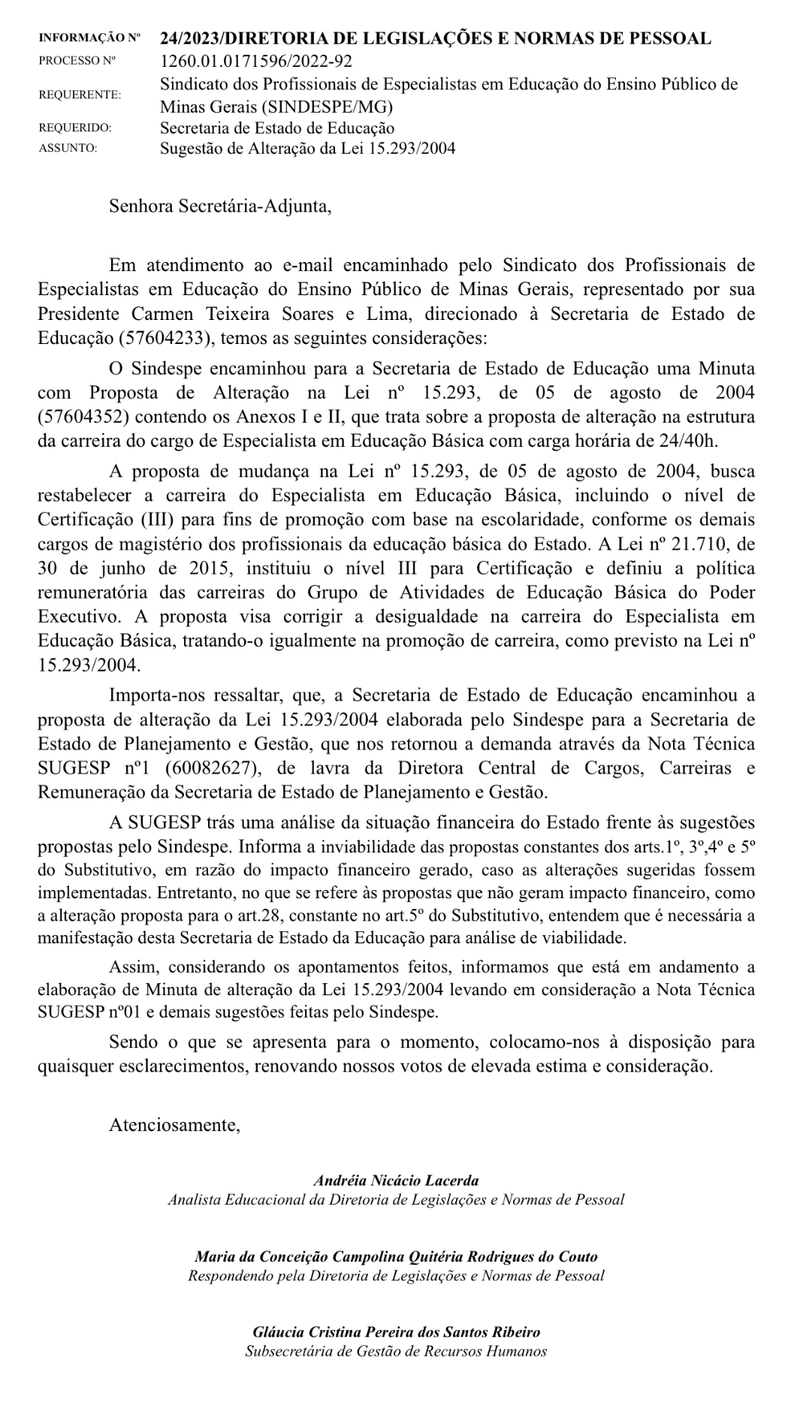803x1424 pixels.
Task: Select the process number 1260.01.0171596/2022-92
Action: [x=256, y=62]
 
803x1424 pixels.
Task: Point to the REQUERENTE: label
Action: [x=79, y=95]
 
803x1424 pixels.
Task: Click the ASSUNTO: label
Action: [x=68, y=149]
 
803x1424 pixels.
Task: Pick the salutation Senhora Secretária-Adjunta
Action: [x=220, y=206]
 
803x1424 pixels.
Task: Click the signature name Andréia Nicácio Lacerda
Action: [x=396, y=1181]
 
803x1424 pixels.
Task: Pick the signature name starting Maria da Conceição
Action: [x=396, y=1257]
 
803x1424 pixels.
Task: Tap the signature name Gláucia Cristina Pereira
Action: [x=396, y=1333]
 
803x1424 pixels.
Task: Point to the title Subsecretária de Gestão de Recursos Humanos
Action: [x=396, y=1351]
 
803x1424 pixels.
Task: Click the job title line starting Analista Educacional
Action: [x=396, y=1199]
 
